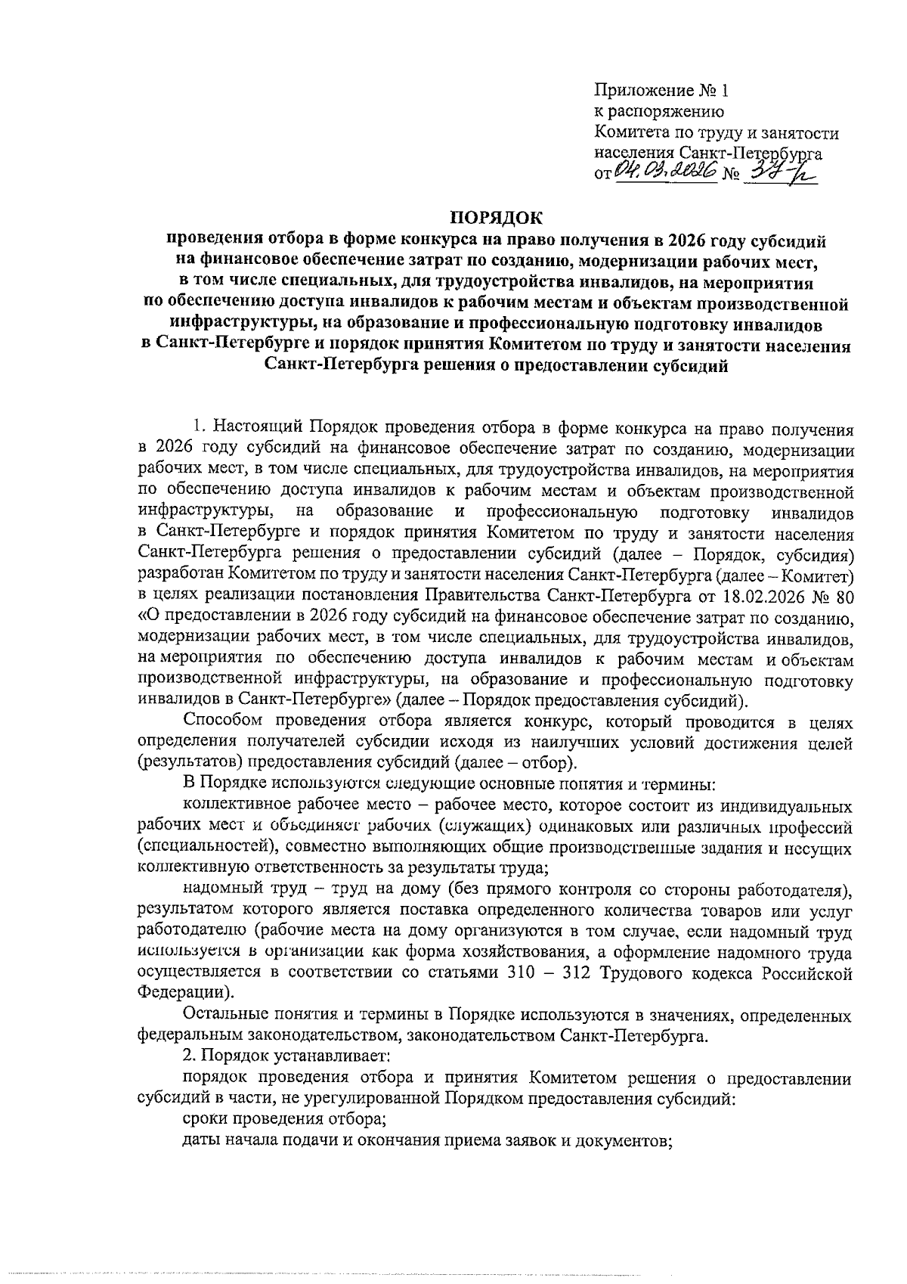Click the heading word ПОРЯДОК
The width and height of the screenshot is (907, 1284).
click(x=497, y=219)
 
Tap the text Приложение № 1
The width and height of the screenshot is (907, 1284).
click(x=662, y=91)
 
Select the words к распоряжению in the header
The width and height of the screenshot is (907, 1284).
click(x=659, y=113)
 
